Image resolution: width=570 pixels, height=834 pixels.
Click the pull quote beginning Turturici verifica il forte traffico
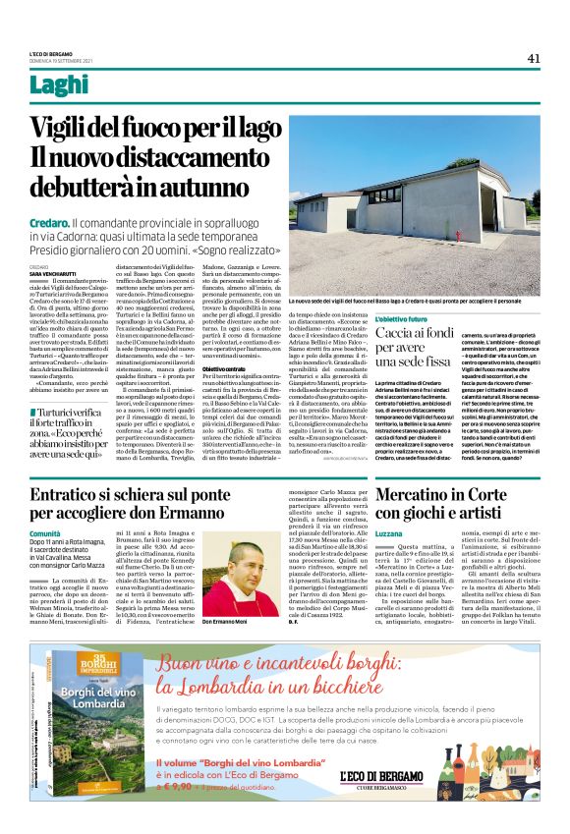[x=74, y=433]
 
